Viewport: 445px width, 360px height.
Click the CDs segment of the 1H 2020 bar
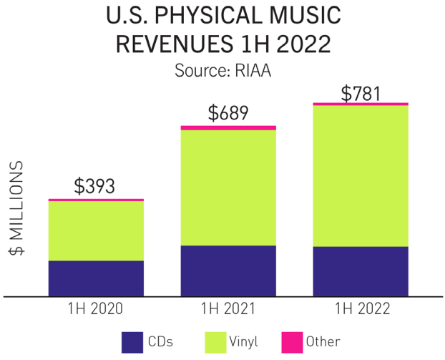pos(96,278)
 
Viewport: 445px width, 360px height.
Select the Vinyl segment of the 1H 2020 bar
pos(96,230)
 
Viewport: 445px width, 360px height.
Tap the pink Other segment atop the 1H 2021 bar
pos(228,127)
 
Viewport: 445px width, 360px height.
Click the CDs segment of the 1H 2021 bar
pos(228,271)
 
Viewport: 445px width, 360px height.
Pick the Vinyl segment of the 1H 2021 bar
pos(228,188)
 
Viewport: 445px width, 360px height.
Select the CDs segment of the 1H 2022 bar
pos(361,271)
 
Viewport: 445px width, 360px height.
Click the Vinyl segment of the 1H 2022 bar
pos(361,176)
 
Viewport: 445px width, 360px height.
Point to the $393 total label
pos(96,186)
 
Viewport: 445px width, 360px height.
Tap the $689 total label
pos(228,112)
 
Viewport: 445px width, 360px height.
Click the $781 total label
pos(361,93)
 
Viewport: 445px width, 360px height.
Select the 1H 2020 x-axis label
pos(96,308)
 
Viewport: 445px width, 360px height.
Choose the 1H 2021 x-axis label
pos(228,308)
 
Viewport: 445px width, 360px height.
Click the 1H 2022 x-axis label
pos(361,308)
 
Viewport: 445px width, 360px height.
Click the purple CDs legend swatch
pos(134,341)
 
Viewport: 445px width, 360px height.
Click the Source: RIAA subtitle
pos(222,71)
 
